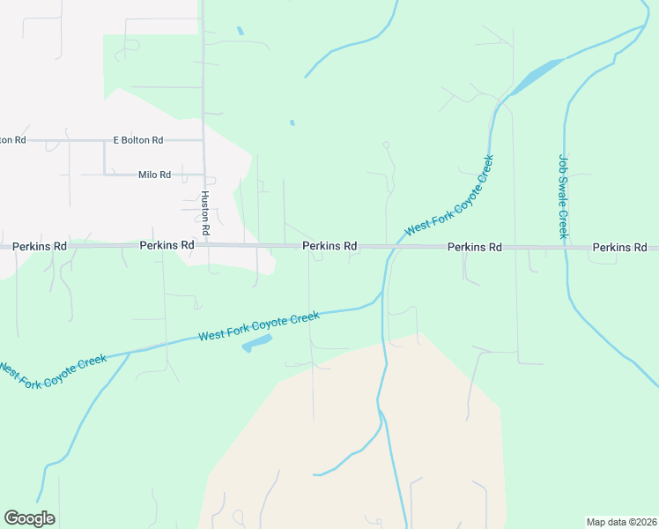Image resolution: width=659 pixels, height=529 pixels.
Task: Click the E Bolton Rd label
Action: pyautogui.click(x=138, y=140)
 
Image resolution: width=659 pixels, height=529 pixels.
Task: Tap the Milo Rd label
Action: pyautogui.click(x=154, y=175)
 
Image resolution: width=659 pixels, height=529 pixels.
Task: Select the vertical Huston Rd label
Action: pyautogui.click(x=205, y=212)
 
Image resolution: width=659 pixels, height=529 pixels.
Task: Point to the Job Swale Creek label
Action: pyautogui.click(x=563, y=197)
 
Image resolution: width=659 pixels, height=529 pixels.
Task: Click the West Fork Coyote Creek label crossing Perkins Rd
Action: pyautogui.click(x=449, y=196)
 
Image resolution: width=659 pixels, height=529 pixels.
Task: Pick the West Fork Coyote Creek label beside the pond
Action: pyautogui.click(x=258, y=325)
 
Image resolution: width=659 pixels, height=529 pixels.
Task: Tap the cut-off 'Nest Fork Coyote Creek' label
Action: pyautogui.click(x=53, y=371)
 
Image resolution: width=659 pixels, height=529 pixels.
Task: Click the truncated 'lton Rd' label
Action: pyautogui.click(x=13, y=140)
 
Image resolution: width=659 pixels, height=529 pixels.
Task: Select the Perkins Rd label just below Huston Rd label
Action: pyautogui.click(x=167, y=244)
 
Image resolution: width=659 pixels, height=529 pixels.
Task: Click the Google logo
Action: pyautogui.click(x=29, y=518)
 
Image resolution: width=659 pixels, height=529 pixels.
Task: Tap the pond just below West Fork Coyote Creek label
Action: pyautogui.click(x=256, y=342)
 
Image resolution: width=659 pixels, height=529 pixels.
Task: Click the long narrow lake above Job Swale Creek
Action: pyautogui.click(x=534, y=77)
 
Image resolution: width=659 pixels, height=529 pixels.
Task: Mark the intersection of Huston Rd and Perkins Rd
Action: pyautogui.click(x=205, y=246)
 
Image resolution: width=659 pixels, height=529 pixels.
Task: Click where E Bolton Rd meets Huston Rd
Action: pyautogui.click(x=204, y=140)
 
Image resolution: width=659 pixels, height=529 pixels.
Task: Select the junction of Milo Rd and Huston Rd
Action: pyautogui.click(x=204, y=175)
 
